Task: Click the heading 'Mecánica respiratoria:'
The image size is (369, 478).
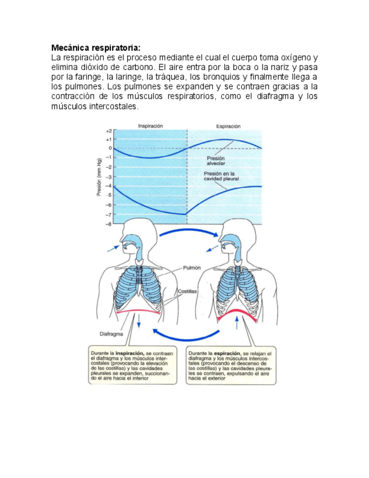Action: coord(95,47)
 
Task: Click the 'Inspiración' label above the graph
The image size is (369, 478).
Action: coord(150,126)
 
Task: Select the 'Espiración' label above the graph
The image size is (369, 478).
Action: coord(228,126)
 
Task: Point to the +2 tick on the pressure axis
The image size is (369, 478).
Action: coord(108,130)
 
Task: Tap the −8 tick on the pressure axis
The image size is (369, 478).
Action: coord(108,224)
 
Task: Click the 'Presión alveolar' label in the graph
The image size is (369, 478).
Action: coord(216,161)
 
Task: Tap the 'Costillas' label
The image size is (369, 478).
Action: coord(186,291)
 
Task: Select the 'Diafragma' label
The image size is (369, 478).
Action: coord(111,333)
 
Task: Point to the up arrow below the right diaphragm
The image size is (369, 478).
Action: coord(237,322)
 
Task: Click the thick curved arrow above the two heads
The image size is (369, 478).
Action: coord(186,232)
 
